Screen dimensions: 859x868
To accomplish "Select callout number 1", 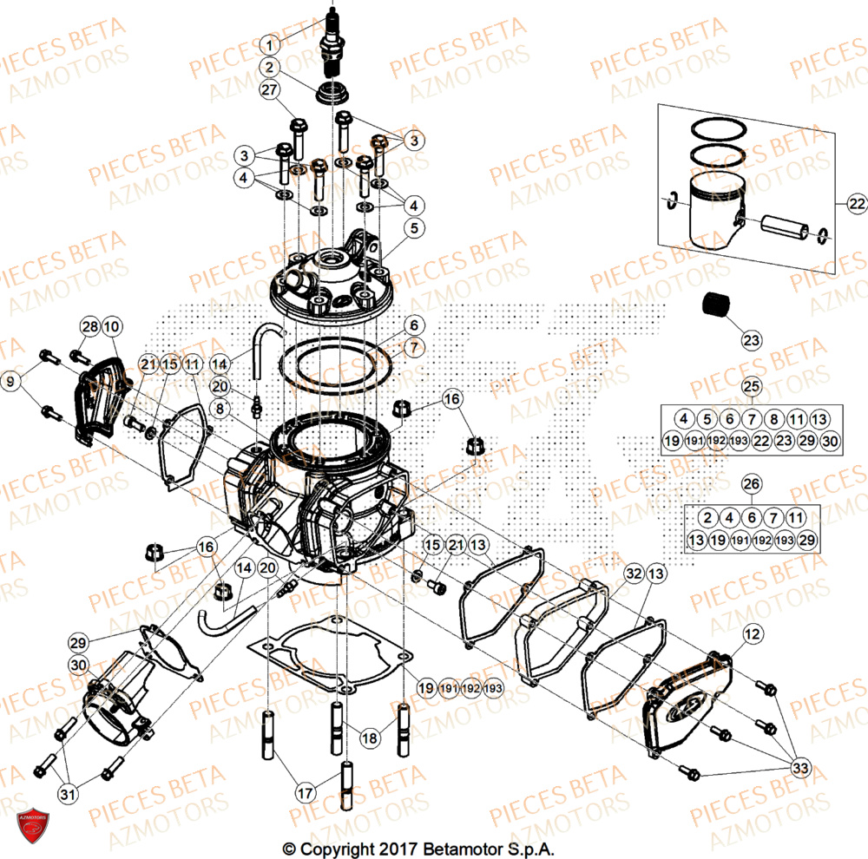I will point(271,44).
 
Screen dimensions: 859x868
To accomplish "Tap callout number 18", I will point(370,738).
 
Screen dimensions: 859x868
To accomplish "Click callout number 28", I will point(89,327).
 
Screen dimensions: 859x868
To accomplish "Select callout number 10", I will point(111,327).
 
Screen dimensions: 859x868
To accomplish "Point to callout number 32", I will point(634,574).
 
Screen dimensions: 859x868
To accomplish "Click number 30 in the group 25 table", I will point(829,442).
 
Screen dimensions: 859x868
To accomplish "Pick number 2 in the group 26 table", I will point(707,518).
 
